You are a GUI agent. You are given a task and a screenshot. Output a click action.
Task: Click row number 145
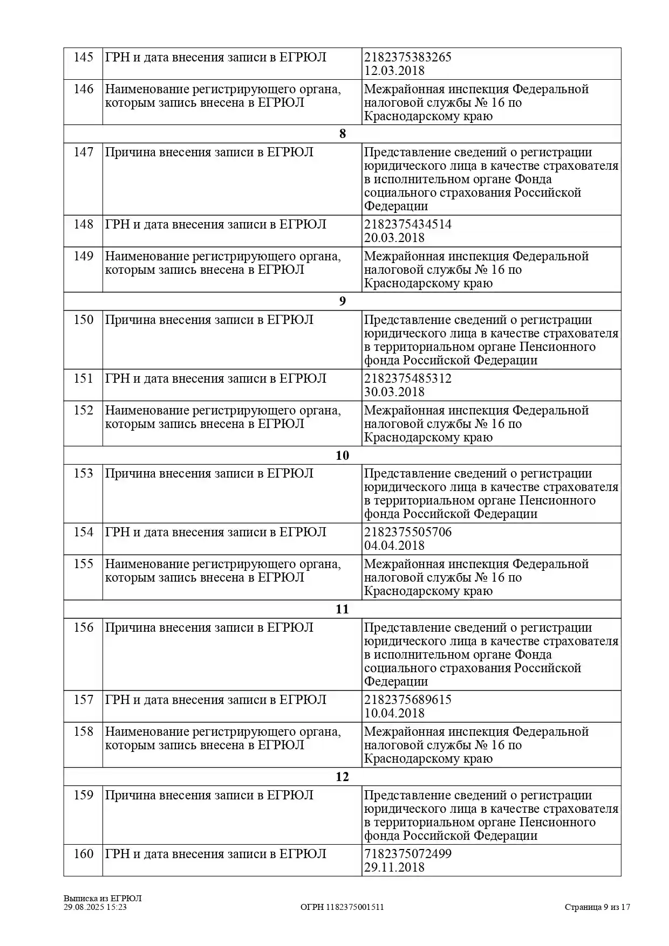[x=84, y=57]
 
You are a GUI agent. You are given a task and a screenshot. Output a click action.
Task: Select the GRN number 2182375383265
[x=408, y=57]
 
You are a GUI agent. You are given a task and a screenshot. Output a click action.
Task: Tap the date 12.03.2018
[x=394, y=71]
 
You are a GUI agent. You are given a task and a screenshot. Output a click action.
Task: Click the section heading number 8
[x=342, y=134]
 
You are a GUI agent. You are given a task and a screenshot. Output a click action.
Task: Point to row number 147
[x=84, y=152]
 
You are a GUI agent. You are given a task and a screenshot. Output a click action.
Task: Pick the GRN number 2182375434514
[x=408, y=224]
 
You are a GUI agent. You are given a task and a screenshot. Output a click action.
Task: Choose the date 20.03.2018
[x=394, y=238]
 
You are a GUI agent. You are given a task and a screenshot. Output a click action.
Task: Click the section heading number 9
[x=342, y=301]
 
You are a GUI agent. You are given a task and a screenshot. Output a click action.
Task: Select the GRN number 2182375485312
[x=408, y=378]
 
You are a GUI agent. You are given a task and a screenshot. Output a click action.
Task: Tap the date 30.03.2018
[x=394, y=392]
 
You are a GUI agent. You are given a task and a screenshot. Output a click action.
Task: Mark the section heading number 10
[x=342, y=455]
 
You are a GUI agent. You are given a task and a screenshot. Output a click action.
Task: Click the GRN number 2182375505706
[x=408, y=532]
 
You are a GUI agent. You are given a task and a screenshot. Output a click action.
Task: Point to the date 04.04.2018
[x=394, y=545]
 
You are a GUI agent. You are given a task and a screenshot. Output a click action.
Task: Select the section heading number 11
[x=342, y=609]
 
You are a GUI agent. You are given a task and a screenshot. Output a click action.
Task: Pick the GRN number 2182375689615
[x=408, y=700]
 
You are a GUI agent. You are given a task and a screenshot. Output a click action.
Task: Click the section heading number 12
[x=342, y=777]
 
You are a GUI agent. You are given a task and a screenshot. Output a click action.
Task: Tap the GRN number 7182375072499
[x=408, y=854]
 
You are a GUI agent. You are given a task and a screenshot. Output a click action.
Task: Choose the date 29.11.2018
[x=394, y=867]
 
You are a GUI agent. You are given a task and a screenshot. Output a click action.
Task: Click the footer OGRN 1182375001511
[x=342, y=907]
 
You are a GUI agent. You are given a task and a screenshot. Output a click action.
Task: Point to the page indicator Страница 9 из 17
[x=597, y=907]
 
